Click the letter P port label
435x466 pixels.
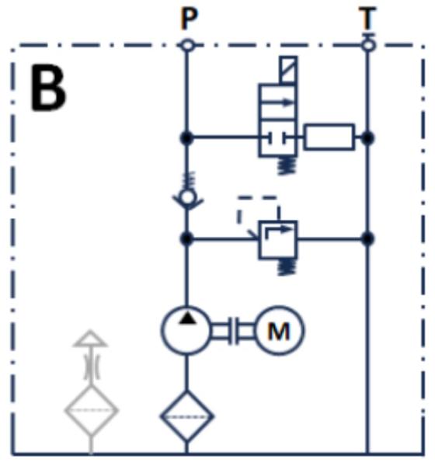click(189, 19)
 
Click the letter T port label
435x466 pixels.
click(367, 18)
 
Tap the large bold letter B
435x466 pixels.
click(48, 88)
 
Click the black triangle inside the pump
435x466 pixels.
click(187, 318)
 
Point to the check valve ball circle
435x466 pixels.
click(187, 197)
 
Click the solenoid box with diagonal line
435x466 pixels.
click(288, 69)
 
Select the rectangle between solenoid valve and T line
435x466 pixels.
click(329, 137)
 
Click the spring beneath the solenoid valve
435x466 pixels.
click(287, 165)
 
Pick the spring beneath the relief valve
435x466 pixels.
click(287, 267)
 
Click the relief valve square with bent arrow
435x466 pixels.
click(278, 239)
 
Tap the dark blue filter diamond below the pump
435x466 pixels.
click(186, 416)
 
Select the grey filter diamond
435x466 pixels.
click(92, 410)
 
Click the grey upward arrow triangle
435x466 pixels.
click(90, 339)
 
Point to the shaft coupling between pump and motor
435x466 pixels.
click(232, 331)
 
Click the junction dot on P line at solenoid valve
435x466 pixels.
click(186, 138)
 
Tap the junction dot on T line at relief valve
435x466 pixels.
click(367, 238)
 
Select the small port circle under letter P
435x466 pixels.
click(187, 46)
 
